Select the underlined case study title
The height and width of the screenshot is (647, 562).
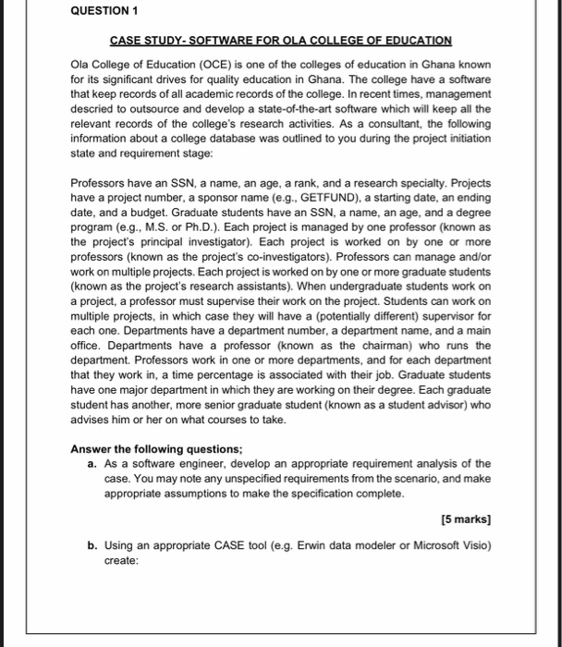tap(281, 41)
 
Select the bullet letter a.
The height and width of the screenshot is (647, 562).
tap(92, 464)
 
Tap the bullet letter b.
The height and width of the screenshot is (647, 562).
tap(92, 546)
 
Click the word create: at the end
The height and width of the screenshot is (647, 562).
tap(120, 560)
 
